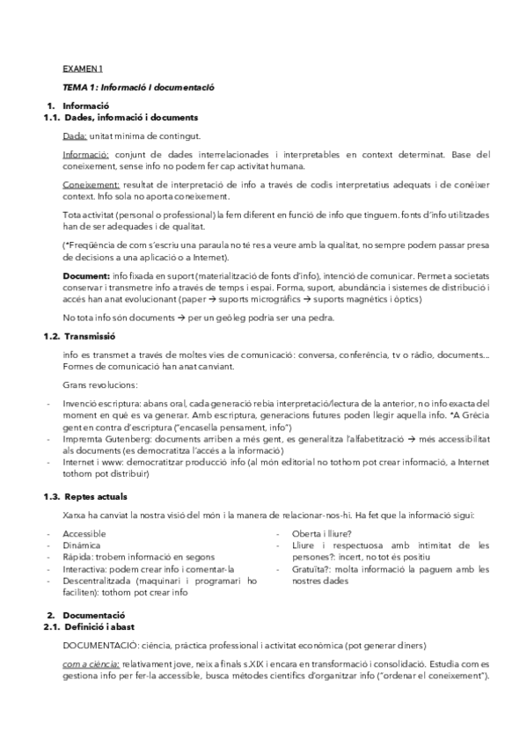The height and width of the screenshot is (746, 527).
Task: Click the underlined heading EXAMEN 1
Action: [x=83, y=68]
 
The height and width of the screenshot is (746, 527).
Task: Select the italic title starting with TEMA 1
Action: [x=139, y=88]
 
